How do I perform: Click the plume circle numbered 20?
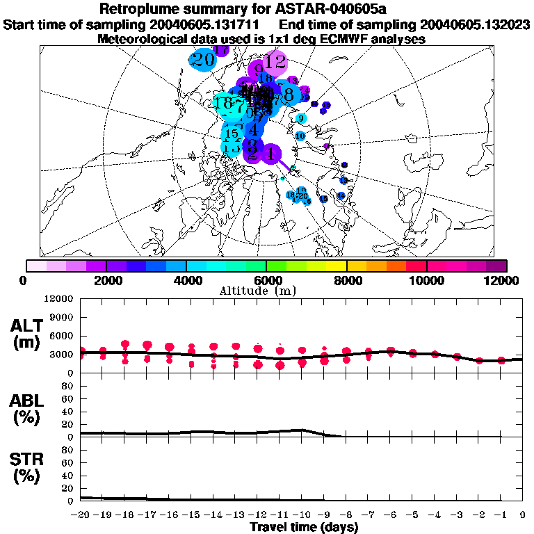click(203, 60)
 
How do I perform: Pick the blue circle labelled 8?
click(288, 95)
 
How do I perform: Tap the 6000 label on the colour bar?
click(266, 280)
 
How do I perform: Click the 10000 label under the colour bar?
click(427, 280)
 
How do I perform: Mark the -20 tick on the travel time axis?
click(81, 515)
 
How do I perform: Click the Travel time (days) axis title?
click(304, 527)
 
